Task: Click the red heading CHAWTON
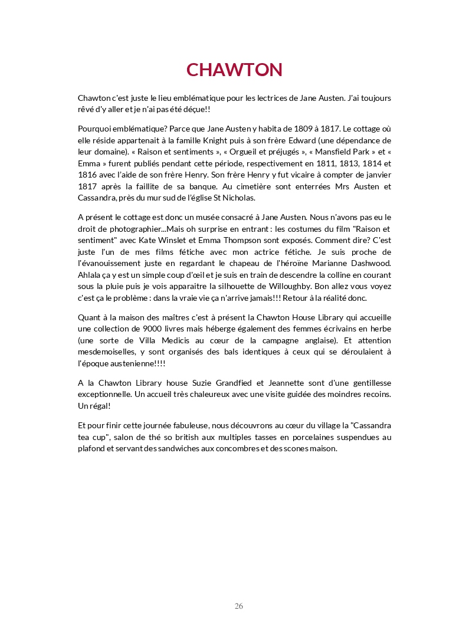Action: (234, 70)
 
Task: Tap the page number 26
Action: (239, 606)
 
